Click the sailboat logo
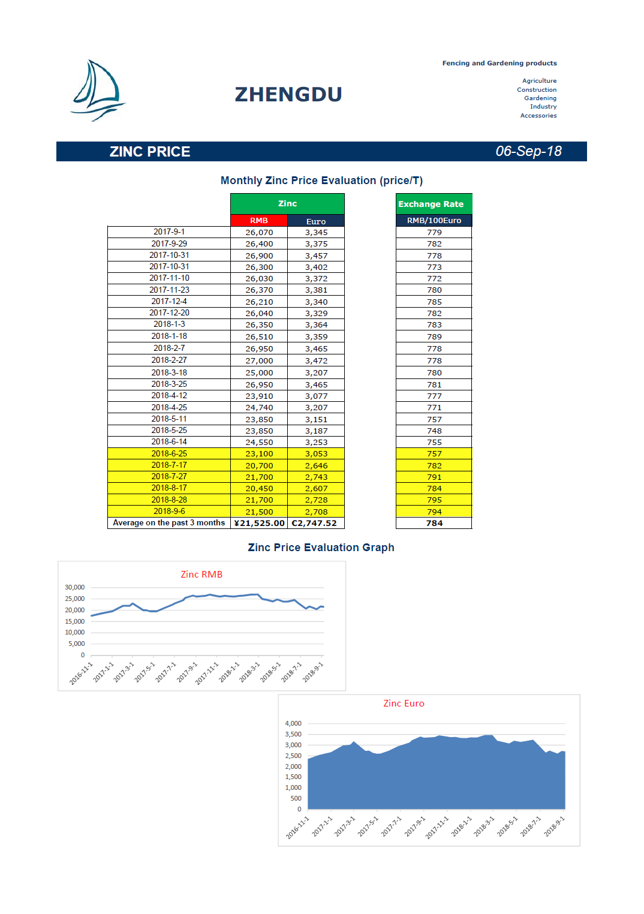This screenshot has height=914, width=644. click(98, 90)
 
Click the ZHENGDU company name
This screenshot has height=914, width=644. click(288, 95)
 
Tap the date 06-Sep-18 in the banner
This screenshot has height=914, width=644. click(529, 151)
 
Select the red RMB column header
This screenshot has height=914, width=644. click(259, 220)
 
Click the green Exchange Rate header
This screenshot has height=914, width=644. click(434, 203)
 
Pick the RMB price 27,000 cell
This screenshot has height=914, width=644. click(259, 360)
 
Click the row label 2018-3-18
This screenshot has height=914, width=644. click(169, 372)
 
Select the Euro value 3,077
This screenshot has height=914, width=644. click(316, 396)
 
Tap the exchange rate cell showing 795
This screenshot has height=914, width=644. click(434, 500)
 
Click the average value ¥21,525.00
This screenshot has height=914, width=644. click(259, 523)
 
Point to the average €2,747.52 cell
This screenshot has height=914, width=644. click(314, 523)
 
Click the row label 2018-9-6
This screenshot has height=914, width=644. click(169, 511)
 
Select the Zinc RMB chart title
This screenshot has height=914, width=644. click(201, 575)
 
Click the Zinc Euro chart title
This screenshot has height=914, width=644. click(404, 703)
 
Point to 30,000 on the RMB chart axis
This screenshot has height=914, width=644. click(74, 587)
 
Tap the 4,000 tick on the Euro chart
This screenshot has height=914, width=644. click(293, 723)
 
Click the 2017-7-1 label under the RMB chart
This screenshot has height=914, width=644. click(165, 672)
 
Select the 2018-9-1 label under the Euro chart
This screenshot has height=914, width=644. click(554, 826)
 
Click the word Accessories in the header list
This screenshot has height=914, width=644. click(538, 116)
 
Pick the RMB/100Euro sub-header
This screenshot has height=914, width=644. click(434, 220)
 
